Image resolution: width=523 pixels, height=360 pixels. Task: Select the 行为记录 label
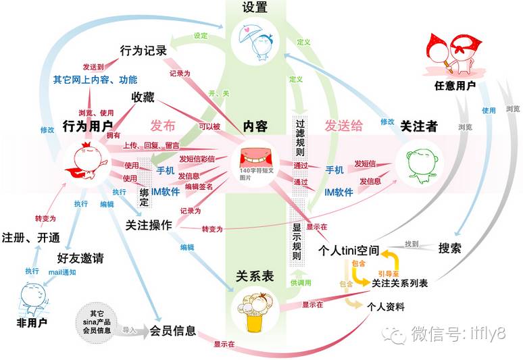[x=144, y=50]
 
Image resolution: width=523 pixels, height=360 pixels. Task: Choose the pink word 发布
[x=164, y=126]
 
